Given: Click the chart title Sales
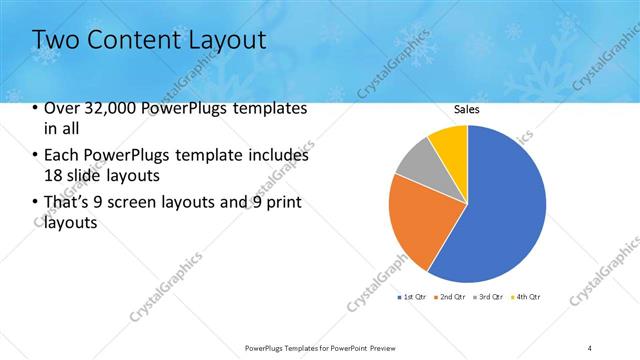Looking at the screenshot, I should pyautogui.click(x=467, y=108).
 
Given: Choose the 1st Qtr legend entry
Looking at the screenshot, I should pyautogui.click(x=413, y=297).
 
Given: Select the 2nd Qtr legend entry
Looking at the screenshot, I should pyautogui.click(x=451, y=297).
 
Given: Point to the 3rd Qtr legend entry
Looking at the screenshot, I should pyautogui.click(x=488, y=297).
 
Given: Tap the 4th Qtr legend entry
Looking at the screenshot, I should pyautogui.click(x=526, y=297).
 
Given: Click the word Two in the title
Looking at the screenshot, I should pyautogui.click(x=54, y=40).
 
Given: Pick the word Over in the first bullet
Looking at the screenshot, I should pyautogui.click(x=60, y=108).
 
